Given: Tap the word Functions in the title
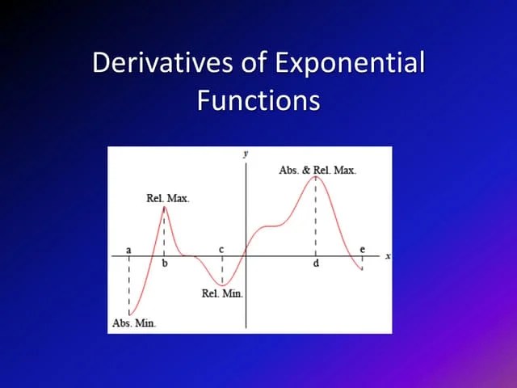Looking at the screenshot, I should pyautogui.click(x=258, y=101).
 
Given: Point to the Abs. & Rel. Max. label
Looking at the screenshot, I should pyautogui.click(x=317, y=170).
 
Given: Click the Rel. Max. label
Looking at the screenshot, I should pyautogui.click(x=168, y=198).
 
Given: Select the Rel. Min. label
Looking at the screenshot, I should pyautogui.click(x=222, y=293).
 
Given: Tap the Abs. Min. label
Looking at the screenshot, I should pyautogui.click(x=133, y=323).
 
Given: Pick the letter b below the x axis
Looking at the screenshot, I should pyautogui.click(x=165, y=264).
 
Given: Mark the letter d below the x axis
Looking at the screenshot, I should pyautogui.click(x=316, y=264).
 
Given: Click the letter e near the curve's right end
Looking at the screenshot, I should pyautogui.click(x=362, y=249).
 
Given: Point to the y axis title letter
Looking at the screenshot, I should pyautogui.click(x=245, y=152).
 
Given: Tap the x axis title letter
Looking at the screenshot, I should pyautogui.click(x=387, y=256).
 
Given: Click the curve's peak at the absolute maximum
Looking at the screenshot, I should pyautogui.click(x=316, y=177).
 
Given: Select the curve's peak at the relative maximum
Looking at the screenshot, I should pyautogui.click(x=164, y=207).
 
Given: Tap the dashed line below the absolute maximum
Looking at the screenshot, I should pyautogui.click(x=316, y=218).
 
